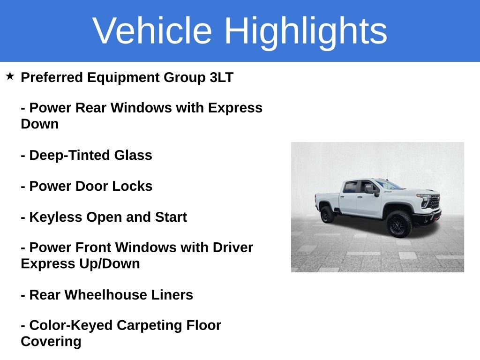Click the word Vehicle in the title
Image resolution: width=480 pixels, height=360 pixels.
(152, 31)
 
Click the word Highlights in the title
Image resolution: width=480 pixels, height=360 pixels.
(306, 31)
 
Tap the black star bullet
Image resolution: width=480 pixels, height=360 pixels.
(10, 76)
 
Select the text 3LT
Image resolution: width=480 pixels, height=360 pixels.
(221, 77)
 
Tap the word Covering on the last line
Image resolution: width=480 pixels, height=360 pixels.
(51, 341)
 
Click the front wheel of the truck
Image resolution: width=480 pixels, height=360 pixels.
(399, 224)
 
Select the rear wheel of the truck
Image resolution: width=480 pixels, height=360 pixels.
(327, 214)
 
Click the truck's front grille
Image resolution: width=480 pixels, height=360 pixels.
(434, 202)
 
